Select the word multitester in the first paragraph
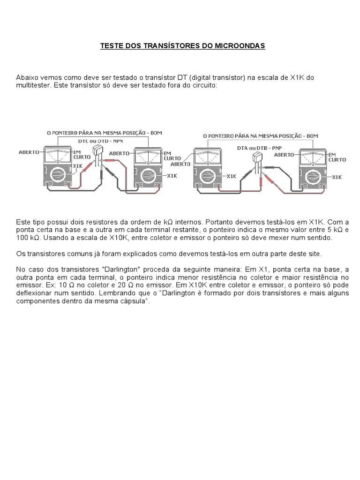click(x=33, y=86)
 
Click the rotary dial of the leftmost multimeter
click(x=57, y=175)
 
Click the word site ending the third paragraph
click(x=313, y=254)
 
